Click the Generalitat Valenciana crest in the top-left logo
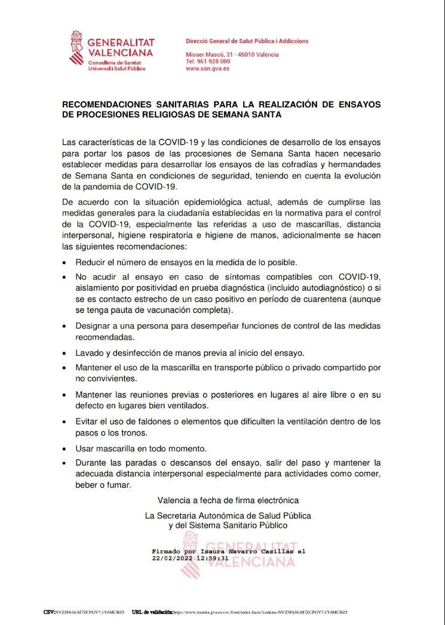pos(75,50)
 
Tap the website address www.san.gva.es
pos(208,69)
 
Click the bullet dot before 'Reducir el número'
pos(65,262)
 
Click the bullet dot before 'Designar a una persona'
pos(65,327)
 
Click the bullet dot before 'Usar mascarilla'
pos(65,449)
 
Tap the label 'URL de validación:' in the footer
pos(152,612)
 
